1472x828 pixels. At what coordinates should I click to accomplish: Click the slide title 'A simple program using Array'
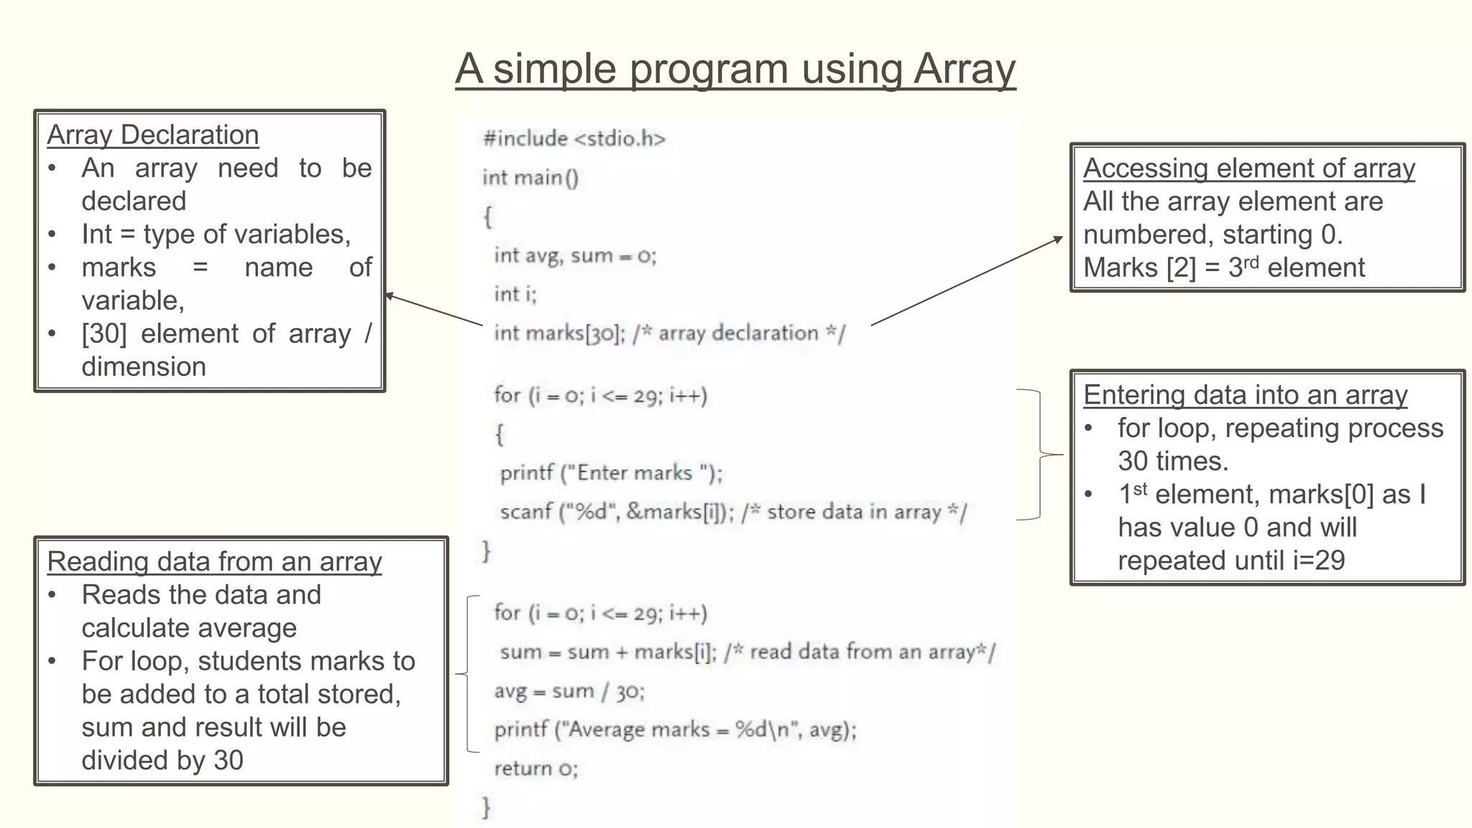[x=735, y=69]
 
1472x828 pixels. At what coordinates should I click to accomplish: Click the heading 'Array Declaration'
[x=152, y=135]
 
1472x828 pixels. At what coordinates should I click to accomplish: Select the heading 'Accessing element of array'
[x=1248, y=168]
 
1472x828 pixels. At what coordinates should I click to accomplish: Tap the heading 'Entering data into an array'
[x=1245, y=395]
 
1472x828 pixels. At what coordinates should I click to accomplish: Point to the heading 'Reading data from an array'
[x=214, y=562]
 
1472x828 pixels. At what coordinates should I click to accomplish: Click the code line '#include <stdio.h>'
[x=574, y=138]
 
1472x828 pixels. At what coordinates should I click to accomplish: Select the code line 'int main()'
[x=530, y=177]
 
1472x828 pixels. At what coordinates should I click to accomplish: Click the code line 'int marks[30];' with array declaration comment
[x=669, y=333]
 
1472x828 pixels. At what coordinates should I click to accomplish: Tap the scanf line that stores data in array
[x=733, y=512]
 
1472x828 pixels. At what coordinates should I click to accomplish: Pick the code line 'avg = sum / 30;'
[x=569, y=691]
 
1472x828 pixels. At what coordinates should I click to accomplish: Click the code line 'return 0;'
[x=535, y=768]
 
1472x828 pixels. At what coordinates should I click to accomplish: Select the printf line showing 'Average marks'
[x=675, y=730]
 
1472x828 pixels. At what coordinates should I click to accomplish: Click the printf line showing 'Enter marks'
[x=611, y=473]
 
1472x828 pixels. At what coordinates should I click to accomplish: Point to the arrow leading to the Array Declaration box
[x=433, y=310]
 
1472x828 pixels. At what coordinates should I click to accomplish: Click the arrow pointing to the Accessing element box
[x=967, y=281]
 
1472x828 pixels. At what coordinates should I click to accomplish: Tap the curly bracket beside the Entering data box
[x=1040, y=454]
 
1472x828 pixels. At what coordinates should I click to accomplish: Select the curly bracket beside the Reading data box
[x=468, y=673]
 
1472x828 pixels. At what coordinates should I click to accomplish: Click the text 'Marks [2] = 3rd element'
[x=1223, y=268]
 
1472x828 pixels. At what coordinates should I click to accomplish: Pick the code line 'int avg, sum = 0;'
[x=575, y=255]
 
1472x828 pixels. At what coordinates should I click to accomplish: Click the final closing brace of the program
[x=487, y=807]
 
